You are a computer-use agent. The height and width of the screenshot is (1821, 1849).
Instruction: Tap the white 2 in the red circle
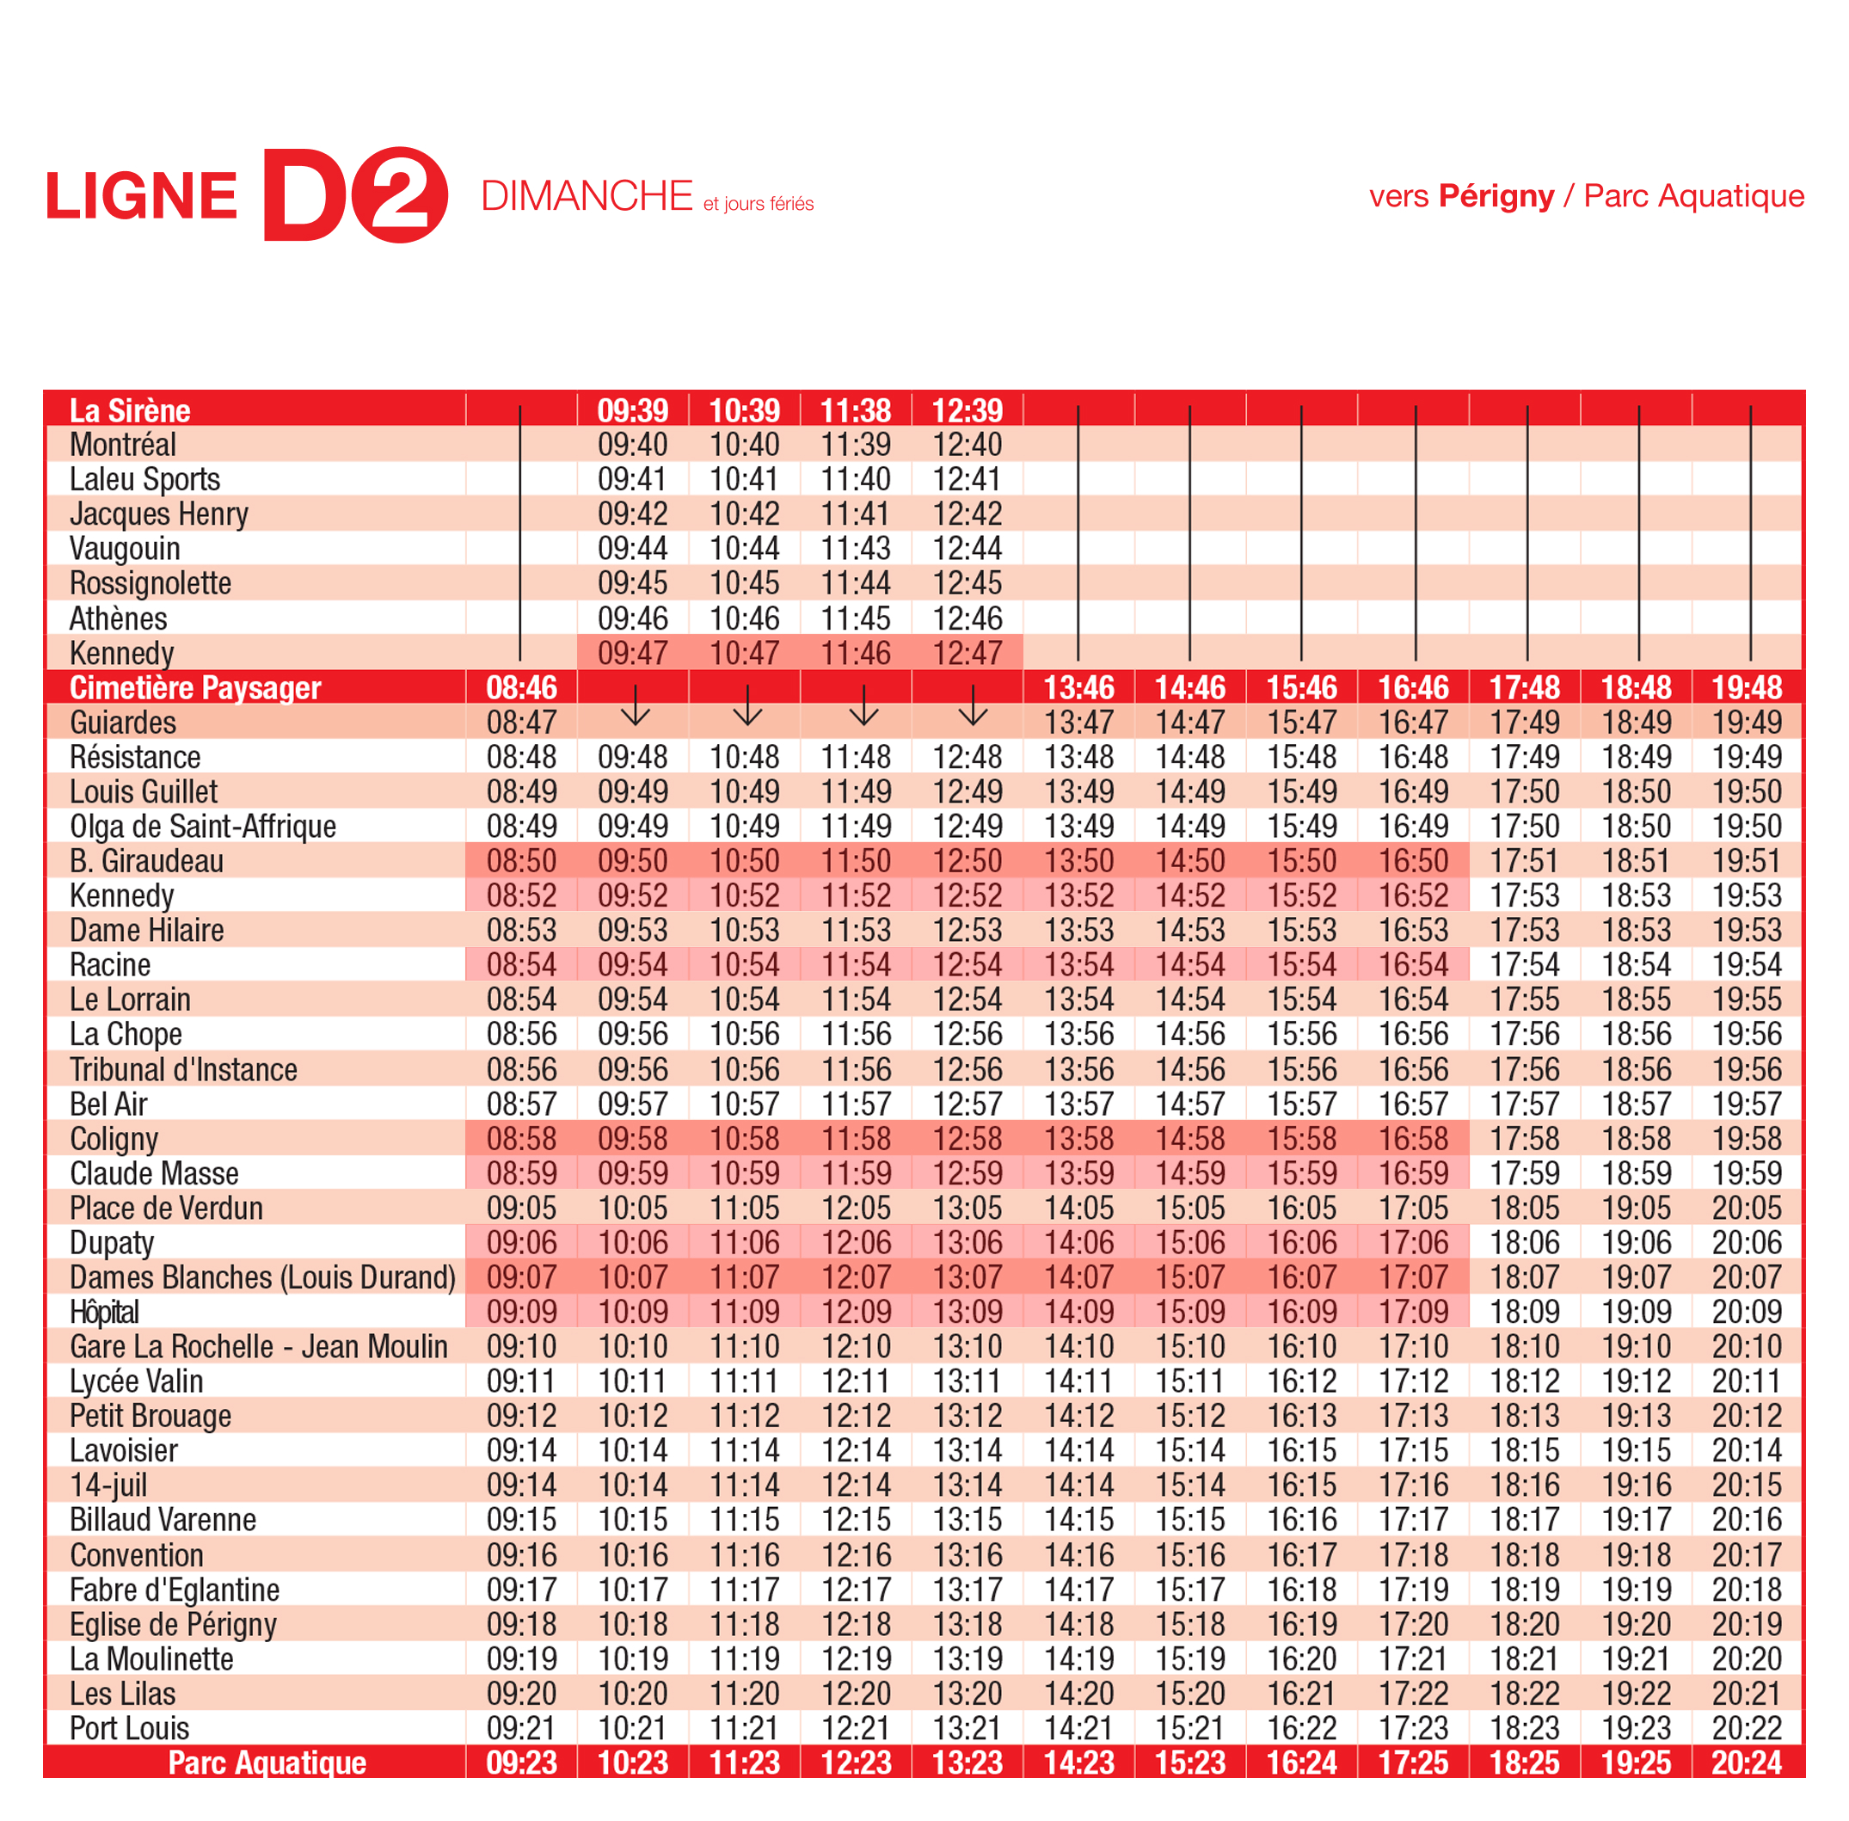(400, 194)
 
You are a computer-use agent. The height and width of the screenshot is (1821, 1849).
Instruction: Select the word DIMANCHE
(586, 196)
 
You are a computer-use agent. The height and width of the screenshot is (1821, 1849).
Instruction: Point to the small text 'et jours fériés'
(759, 204)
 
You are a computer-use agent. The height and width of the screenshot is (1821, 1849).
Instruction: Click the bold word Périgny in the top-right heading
(1496, 196)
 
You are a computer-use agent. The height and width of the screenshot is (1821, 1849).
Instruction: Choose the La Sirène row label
(130, 410)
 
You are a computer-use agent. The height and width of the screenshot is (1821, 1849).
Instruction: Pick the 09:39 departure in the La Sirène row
(632, 410)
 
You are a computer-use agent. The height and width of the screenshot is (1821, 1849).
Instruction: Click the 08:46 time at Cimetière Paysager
(521, 687)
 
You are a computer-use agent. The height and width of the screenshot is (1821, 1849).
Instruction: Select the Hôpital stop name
(104, 1312)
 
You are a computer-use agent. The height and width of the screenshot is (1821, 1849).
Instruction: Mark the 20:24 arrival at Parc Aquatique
(1746, 1763)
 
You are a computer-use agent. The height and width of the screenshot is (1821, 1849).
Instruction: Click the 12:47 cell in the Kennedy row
(967, 653)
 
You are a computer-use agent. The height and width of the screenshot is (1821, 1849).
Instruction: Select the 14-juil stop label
(108, 1486)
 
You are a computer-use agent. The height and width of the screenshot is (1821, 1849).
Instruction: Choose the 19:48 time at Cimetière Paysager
(1746, 687)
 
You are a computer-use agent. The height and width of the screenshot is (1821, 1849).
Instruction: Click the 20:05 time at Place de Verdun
(1746, 1208)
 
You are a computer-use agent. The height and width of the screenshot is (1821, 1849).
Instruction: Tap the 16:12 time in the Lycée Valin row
(1301, 1381)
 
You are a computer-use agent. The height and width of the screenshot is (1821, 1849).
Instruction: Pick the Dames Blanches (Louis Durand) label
(262, 1277)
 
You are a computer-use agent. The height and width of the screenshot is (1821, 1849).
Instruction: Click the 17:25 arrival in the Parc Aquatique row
(1413, 1763)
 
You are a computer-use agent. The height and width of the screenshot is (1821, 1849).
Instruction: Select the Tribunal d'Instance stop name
(182, 1069)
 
